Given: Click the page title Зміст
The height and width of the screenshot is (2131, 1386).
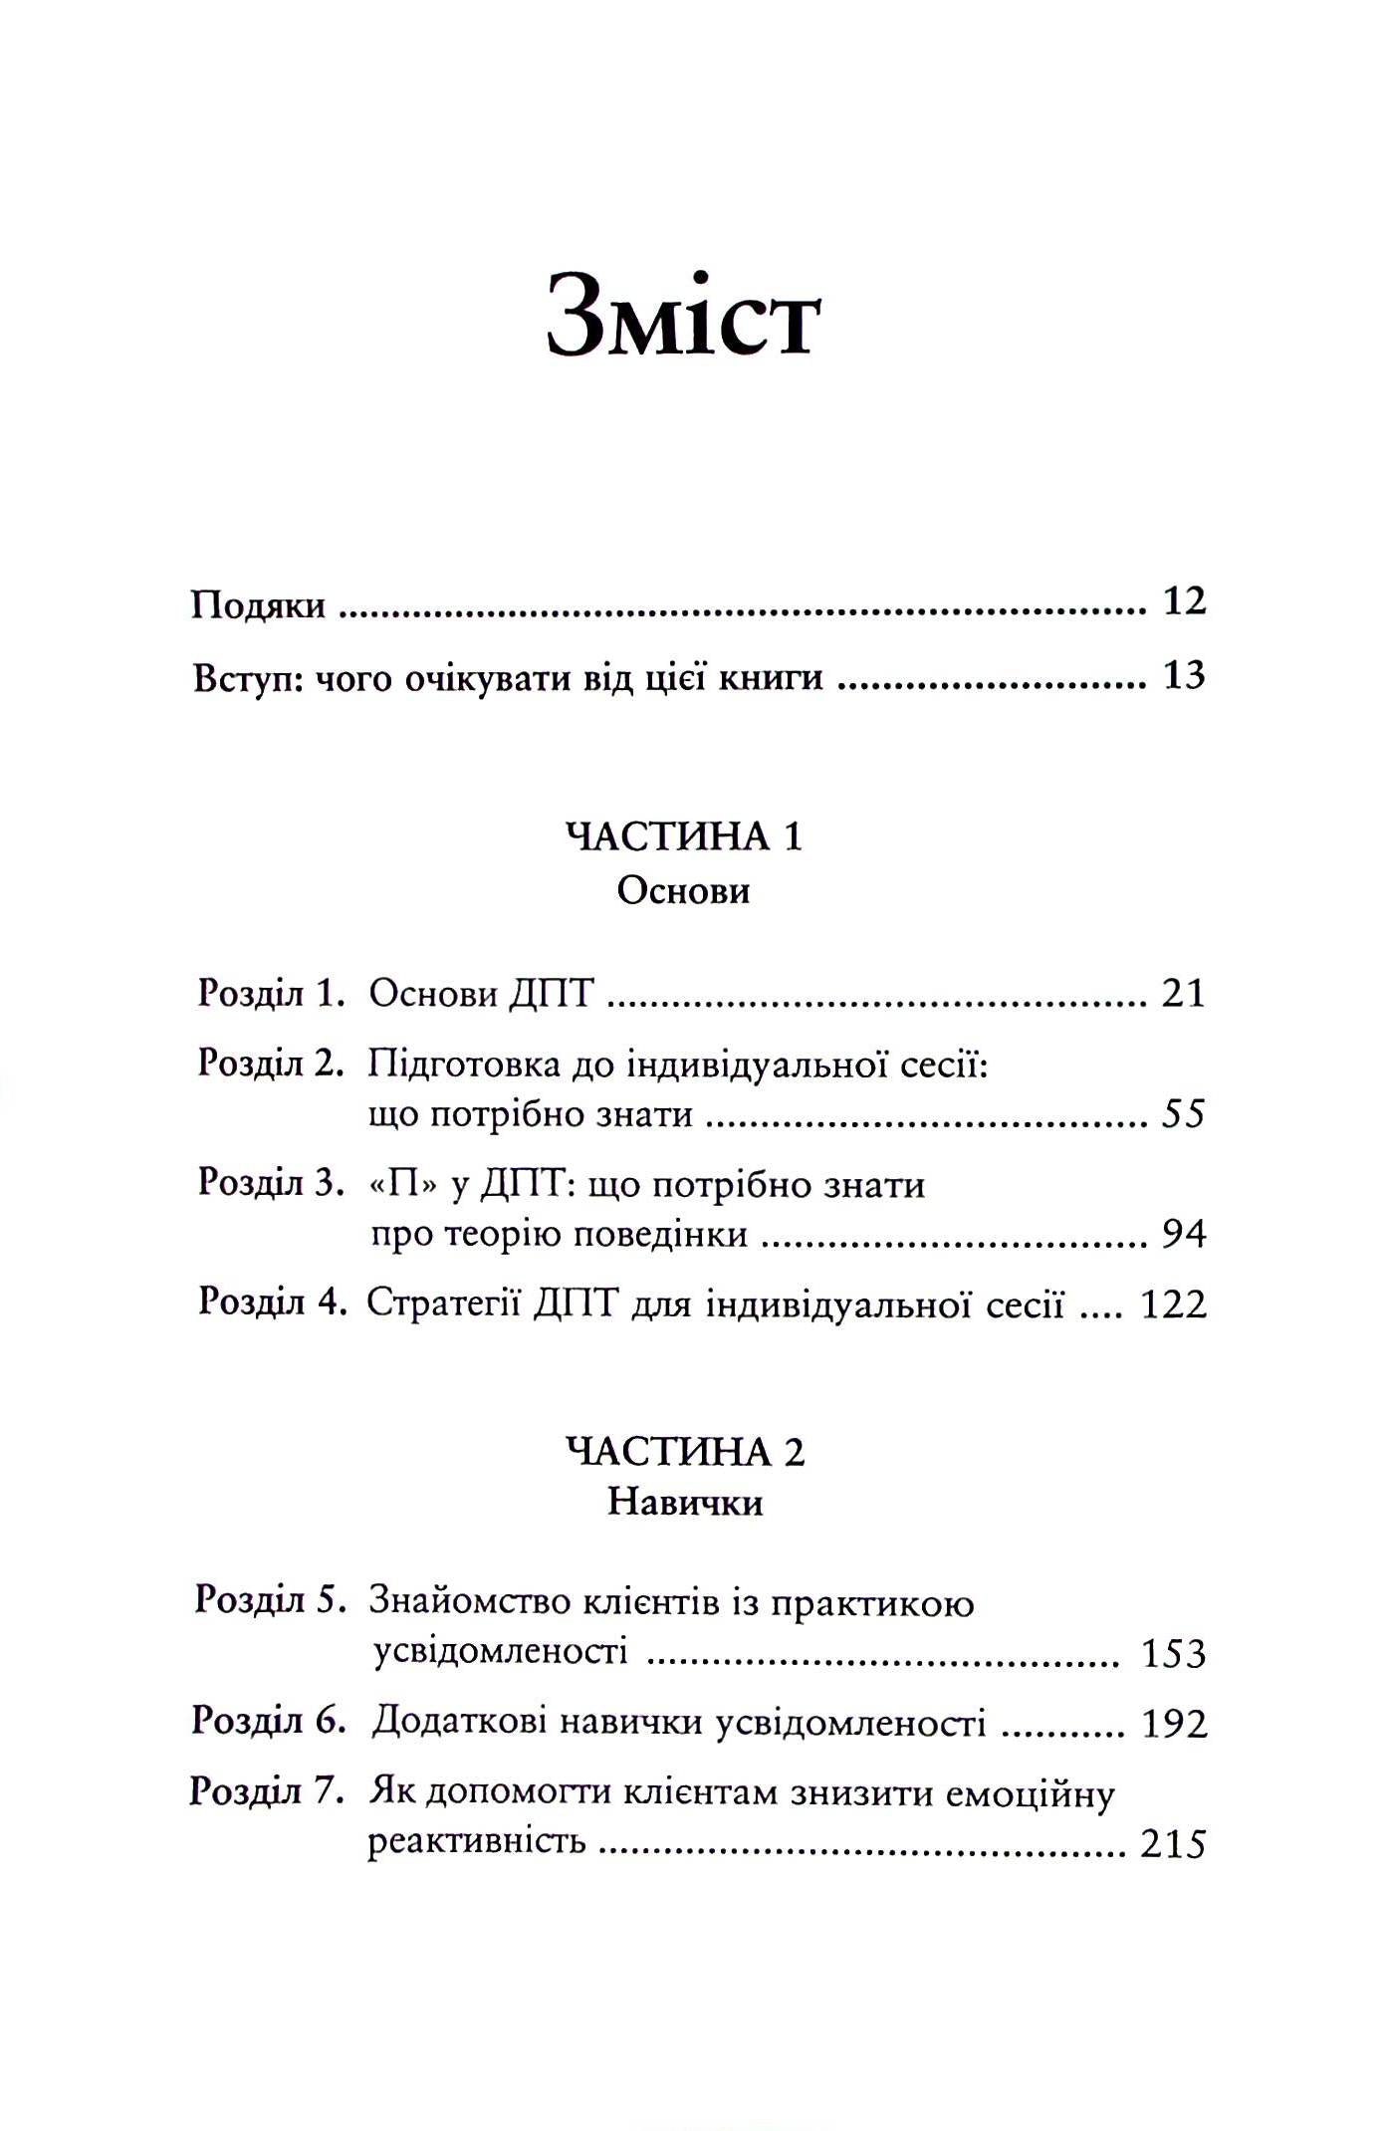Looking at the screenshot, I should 684,318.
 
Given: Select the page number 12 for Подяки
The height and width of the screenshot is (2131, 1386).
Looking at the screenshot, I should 1184,601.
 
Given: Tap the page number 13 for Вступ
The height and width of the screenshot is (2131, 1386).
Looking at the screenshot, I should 1184,676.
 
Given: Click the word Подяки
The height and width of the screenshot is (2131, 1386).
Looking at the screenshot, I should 258,605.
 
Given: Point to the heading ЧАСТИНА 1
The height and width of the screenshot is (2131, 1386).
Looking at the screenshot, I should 684,836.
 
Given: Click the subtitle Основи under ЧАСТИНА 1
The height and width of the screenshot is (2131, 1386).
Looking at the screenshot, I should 683,890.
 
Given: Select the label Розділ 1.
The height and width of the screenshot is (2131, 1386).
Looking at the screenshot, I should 271,993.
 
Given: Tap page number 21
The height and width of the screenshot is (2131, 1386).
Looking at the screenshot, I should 1183,994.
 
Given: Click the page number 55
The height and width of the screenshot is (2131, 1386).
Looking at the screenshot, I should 1183,1113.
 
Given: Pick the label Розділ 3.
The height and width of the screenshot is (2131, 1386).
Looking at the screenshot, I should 271,1182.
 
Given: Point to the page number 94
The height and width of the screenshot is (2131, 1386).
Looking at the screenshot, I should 1184,1234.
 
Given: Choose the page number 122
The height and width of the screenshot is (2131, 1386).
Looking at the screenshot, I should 1173,1304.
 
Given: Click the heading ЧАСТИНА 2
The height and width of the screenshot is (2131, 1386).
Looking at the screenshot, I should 685,1452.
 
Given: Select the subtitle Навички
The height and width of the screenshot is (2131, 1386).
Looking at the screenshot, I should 685,1503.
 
